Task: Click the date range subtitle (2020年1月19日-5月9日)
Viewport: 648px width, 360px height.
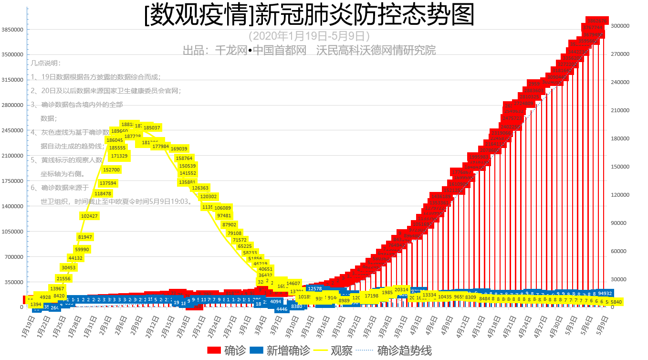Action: click(x=309, y=36)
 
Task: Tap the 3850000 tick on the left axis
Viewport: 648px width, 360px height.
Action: click(x=12, y=30)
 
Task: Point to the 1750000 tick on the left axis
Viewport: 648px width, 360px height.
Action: click(x=12, y=181)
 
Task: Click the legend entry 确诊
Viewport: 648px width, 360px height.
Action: click(x=227, y=350)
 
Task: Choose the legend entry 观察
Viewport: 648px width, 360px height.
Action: click(x=334, y=350)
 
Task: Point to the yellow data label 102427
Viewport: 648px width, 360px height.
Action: click(x=89, y=216)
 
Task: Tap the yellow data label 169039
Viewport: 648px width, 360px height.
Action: click(x=179, y=148)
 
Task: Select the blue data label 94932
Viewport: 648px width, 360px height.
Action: click(x=605, y=293)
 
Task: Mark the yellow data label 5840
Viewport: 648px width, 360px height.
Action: click(x=616, y=302)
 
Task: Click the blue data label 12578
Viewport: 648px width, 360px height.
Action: click(x=315, y=288)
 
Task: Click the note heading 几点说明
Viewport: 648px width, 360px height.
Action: click(x=46, y=63)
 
